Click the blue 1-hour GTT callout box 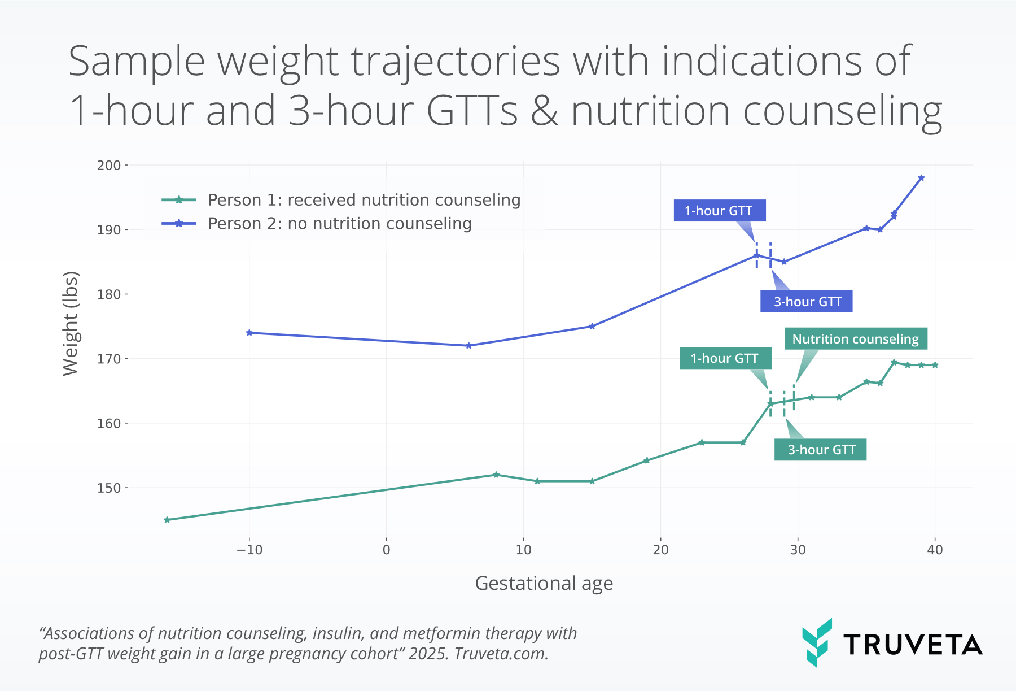tap(719, 211)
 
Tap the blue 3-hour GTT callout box tap(807, 302)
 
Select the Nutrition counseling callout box tap(855, 339)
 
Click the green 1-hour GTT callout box tap(725, 358)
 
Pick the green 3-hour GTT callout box tap(820, 450)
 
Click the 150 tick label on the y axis tap(109, 488)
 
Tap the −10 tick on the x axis tap(249, 550)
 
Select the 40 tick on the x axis tap(935, 550)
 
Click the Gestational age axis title tap(544, 583)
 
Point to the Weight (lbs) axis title tap(71, 324)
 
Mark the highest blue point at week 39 tap(921, 178)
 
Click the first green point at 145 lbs tap(167, 520)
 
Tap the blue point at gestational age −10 tap(249, 333)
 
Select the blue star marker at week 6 tap(468, 346)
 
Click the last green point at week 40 tap(935, 365)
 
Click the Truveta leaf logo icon tap(817, 642)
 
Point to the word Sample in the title tap(137, 61)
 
